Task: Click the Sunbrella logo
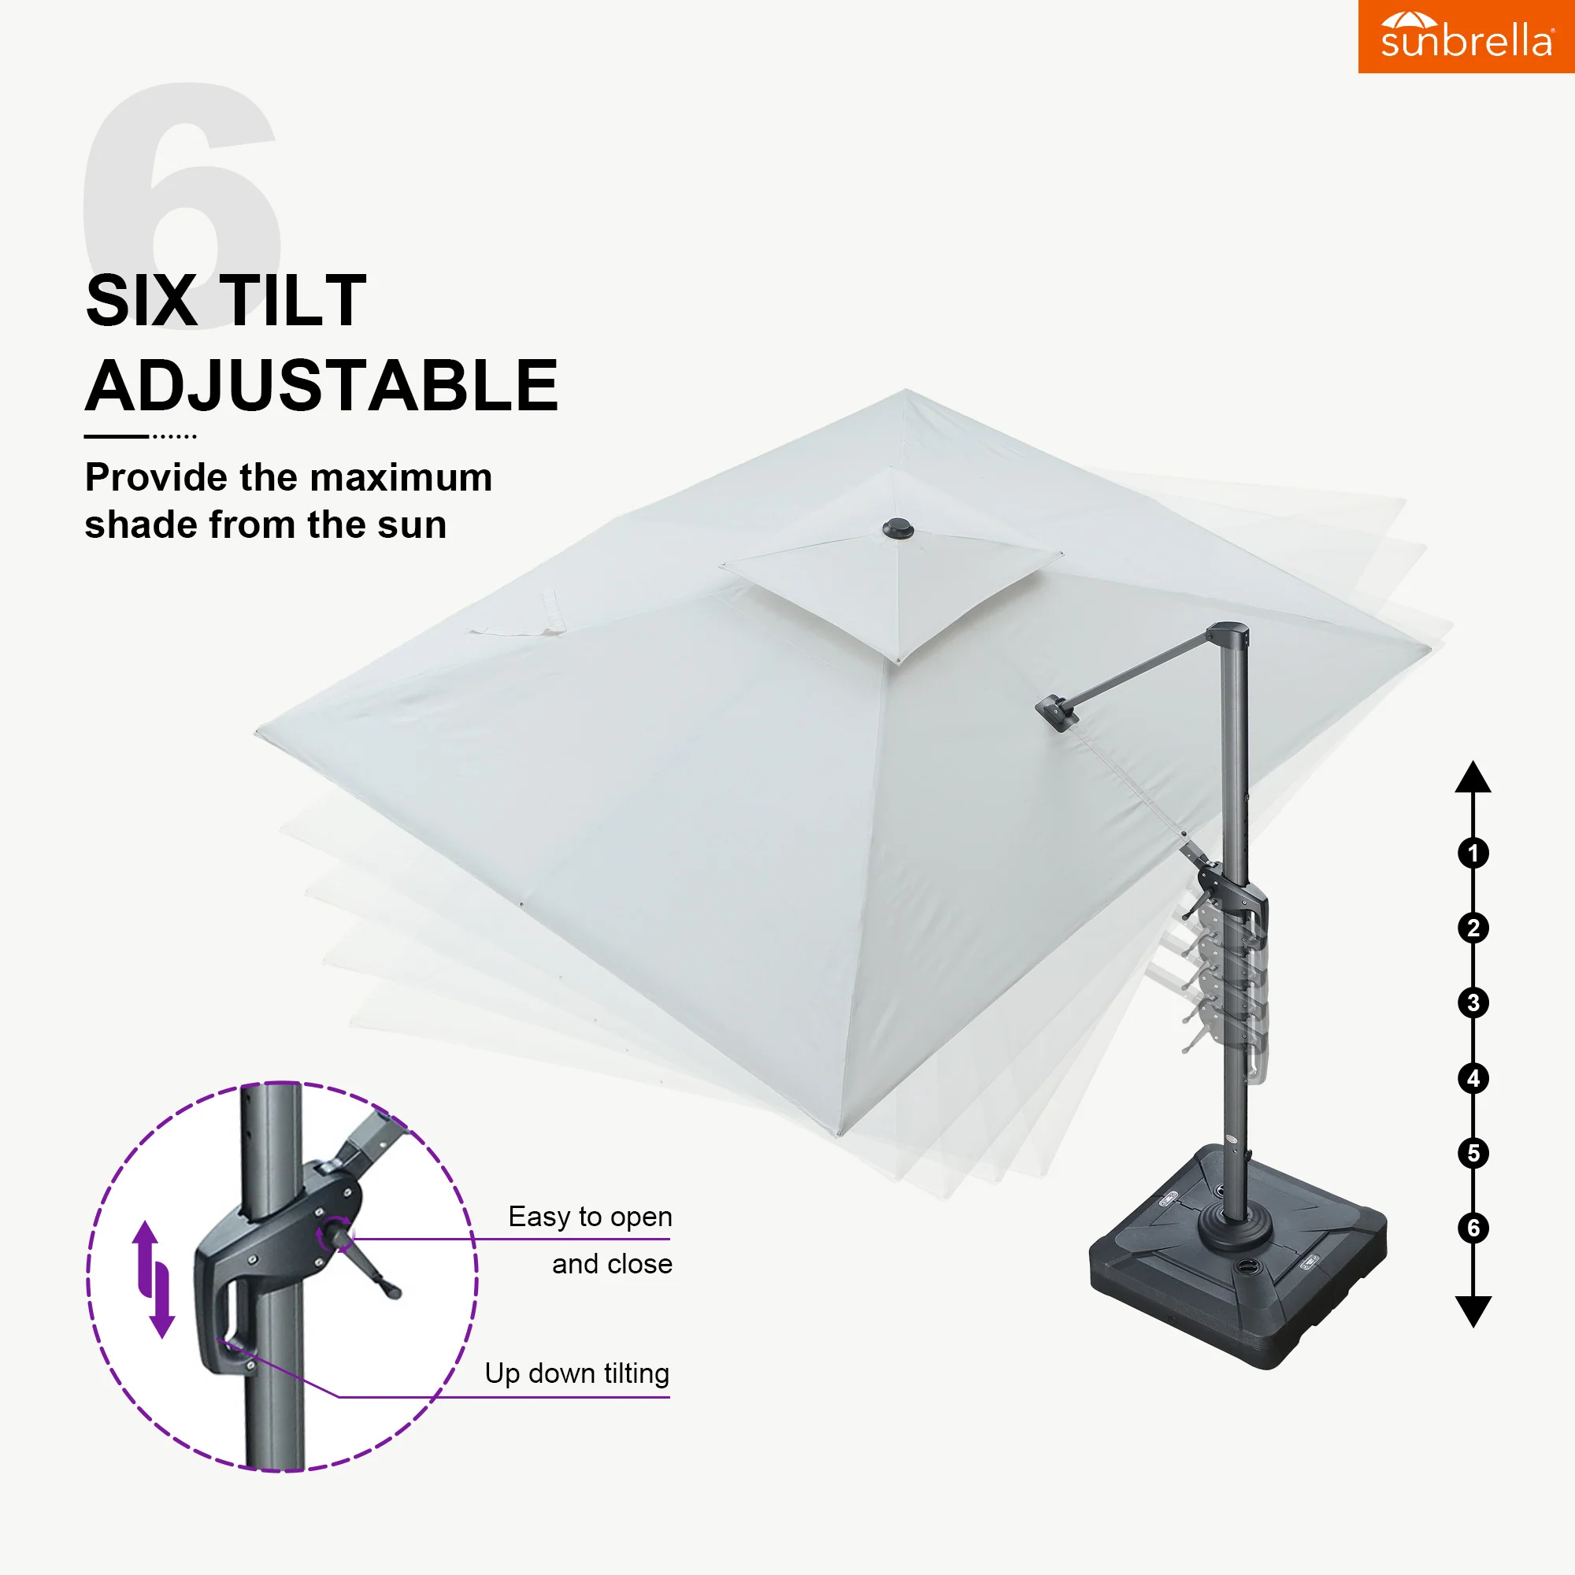(1466, 36)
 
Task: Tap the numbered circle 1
(1473, 854)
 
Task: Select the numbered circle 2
(1473, 928)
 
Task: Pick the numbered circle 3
(1473, 1002)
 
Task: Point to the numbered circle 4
(1473, 1079)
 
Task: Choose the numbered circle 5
(1473, 1153)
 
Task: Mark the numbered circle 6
(1473, 1228)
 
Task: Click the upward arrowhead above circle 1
(1473, 777)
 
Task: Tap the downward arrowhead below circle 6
(1473, 1312)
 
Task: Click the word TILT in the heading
(293, 301)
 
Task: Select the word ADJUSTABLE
(322, 386)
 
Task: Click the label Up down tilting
(577, 1374)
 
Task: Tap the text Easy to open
(590, 1217)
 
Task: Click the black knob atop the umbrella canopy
(899, 529)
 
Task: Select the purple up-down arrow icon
(154, 1279)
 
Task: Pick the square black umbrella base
(1237, 1255)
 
